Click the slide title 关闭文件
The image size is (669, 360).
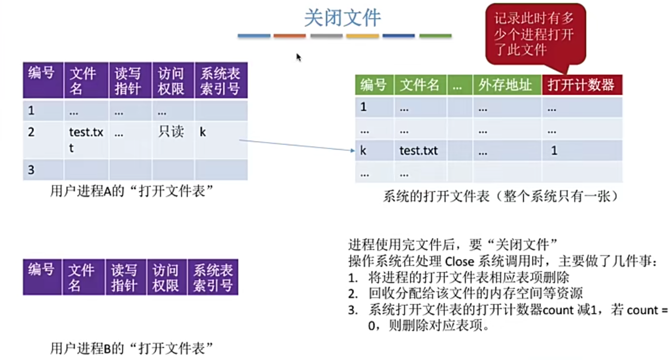click(342, 18)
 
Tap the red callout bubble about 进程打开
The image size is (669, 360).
click(535, 34)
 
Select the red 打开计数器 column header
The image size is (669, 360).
click(581, 85)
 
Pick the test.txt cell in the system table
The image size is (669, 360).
click(418, 151)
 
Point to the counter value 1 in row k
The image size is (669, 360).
click(554, 151)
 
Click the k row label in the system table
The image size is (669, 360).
click(363, 151)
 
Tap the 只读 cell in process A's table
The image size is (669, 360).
click(171, 131)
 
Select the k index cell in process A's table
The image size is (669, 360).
click(203, 132)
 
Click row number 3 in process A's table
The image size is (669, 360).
click(31, 170)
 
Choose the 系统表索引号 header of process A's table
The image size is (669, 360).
click(220, 81)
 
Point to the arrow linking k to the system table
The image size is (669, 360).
click(296, 145)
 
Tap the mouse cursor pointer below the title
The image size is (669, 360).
click(298, 57)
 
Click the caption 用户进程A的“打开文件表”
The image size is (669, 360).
click(131, 191)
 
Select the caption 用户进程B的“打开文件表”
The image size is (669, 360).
click(131, 348)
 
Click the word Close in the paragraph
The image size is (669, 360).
click(459, 261)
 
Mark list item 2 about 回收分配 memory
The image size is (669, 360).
click(475, 293)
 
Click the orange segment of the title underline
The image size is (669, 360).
click(290, 36)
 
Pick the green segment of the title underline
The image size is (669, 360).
click(435, 36)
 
